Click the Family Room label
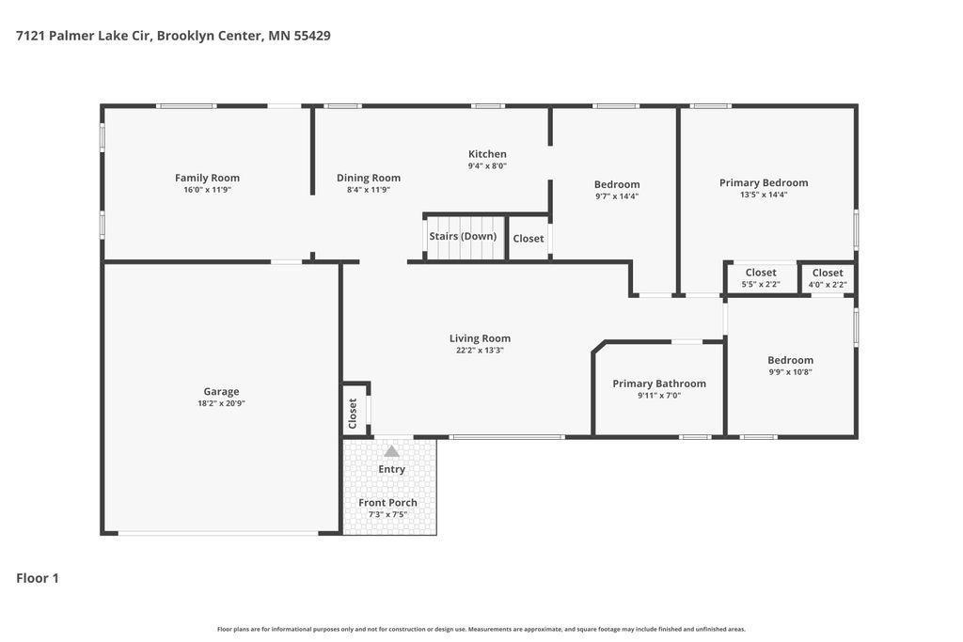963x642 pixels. click(207, 178)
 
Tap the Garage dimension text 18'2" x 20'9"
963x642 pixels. click(221, 403)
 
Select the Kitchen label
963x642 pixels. click(487, 154)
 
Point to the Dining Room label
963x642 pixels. click(369, 178)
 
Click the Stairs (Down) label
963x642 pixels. click(463, 236)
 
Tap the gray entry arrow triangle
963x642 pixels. click(391, 451)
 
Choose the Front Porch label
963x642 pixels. click(387, 503)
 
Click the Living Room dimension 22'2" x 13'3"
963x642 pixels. click(480, 351)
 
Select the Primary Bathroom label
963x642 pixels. click(659, 384)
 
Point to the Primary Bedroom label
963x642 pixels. click(764, 183)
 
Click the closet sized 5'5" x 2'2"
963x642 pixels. click(760, 278)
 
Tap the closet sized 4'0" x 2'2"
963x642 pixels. click(828, 278)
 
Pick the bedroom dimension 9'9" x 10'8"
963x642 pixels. click(790, 372)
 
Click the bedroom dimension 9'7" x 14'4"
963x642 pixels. click(617, 196)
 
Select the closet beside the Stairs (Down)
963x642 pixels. click(529, 239)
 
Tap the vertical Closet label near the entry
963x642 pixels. click(353, 413)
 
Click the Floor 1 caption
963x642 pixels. click(38, 578)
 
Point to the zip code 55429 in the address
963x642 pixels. click(312, 36)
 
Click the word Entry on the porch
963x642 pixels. click(391, 470)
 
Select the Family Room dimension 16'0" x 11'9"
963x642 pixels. click(207, 190)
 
